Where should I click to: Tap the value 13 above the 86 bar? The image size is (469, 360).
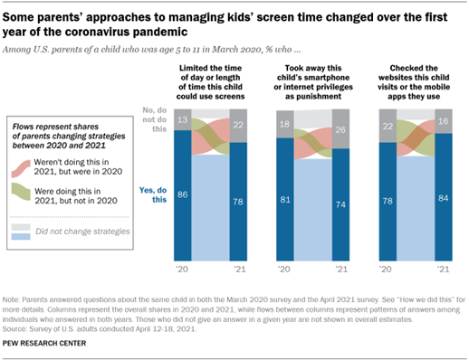[184, 120]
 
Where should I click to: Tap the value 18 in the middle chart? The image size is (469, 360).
[285, 124]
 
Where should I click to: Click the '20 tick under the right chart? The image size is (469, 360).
[388, 270]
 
